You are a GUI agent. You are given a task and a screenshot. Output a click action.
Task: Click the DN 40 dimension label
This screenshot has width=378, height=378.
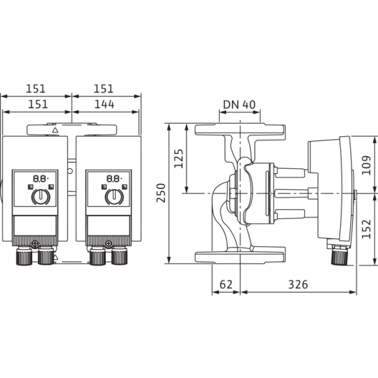pyautogui.click(x=239, y=105)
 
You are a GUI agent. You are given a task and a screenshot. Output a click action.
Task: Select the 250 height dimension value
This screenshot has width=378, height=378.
pyautogui.click(x=161, y=193)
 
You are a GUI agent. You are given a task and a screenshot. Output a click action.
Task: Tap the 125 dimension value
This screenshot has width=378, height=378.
pyautogui.click(x=179, y=158)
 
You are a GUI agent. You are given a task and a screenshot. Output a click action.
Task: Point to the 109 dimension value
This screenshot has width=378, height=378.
pyautogui.click(x=366, y=165)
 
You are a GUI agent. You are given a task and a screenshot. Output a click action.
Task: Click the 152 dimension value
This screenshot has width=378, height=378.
pyautogui.click(x=366, y=229)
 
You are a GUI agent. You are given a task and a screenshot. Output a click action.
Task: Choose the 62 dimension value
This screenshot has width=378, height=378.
pyautogui.click(x=226, y=285)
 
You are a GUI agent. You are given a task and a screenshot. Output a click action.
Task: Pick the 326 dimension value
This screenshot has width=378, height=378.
pyautogui.click(x=298, y=285)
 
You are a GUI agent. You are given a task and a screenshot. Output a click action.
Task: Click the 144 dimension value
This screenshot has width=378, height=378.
pyautogui.click(x=104, y=104)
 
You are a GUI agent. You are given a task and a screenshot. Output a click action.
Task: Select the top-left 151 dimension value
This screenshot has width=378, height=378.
pyautogui.click(x=35, y=88)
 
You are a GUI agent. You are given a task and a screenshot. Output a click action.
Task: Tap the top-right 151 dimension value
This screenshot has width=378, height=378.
pyautogui.click(x=103, y=88)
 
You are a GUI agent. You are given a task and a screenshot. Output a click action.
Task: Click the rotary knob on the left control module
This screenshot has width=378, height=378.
pyautogui.click(x=40, y=197)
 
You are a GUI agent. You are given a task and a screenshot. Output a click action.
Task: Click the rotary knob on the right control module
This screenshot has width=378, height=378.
pyautogui.click(x=114, y=197)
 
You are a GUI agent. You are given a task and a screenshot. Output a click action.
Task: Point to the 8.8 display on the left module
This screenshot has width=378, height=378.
pyautogui.click(x=40, y=179)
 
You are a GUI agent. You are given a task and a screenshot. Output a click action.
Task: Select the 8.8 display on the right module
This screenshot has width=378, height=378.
pyautogui.click(x=114, y=179)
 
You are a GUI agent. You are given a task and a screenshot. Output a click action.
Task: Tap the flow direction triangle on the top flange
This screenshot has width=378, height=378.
pyautogui.click(x=55, y=130)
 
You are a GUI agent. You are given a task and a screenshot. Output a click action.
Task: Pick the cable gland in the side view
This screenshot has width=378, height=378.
pyautogui.click(x=340, y=256)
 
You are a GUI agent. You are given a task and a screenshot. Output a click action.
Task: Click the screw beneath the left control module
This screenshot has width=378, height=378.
pyautogui.click(x=35, y=243)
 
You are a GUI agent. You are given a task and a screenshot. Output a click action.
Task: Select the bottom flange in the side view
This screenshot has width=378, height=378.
pyautogui.click(x=240, y=257)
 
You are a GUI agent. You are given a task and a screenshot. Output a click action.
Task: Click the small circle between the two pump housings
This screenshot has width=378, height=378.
pyautogui.click(x=70, y=171)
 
